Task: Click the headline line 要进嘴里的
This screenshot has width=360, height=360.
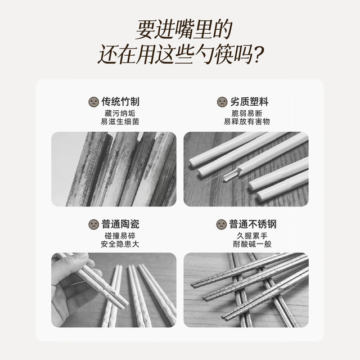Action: (184, 30)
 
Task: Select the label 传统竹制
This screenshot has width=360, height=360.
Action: (120, 102)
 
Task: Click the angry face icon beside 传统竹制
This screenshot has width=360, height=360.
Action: (94, 102)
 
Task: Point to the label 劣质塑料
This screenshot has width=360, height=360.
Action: (249, 102)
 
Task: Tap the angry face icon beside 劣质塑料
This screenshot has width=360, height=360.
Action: (222, 102)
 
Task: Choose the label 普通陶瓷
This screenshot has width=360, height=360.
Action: (120, 224)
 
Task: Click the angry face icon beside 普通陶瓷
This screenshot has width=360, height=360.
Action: (94, 224)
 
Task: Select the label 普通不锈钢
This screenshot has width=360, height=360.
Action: (253, 224)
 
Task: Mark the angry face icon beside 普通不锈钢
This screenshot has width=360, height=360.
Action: (222, 224)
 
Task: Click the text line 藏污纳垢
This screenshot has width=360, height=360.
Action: (120, 114)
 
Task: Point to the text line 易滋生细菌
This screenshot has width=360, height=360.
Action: (120, 121)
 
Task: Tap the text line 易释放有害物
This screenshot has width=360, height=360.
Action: (247, 121)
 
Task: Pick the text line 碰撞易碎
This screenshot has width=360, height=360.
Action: (120, 236)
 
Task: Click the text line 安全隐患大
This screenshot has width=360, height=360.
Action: (120, 244)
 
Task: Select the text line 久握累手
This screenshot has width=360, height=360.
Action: (252, 236)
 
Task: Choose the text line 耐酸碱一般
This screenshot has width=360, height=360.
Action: (252, 244)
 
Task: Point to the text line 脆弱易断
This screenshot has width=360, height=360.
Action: (247, 114)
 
